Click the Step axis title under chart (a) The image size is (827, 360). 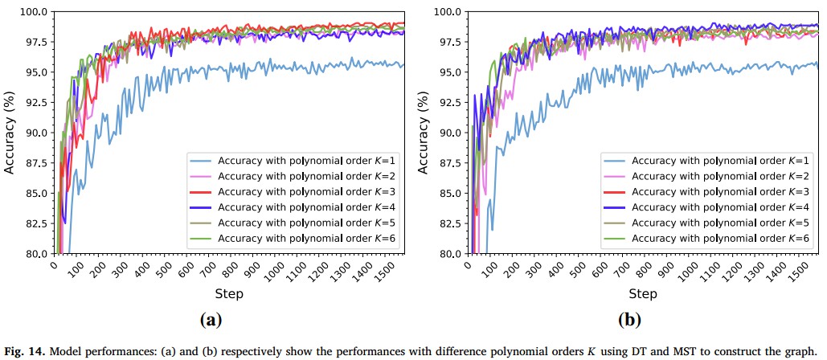228,294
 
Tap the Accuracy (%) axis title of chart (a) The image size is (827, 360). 10,133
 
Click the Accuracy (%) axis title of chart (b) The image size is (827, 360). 423,133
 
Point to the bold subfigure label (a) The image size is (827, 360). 210,320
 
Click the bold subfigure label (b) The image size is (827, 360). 629,320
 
